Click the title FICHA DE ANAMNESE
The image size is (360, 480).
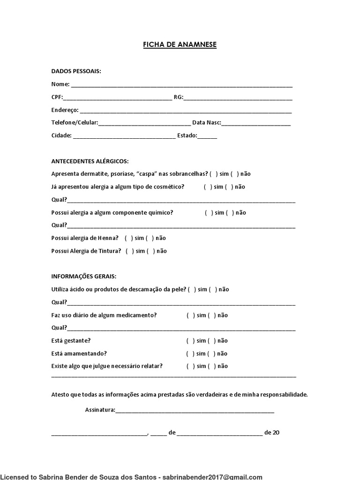(x=180, y=45)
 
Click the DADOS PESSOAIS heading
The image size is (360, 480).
(x=76, y=71)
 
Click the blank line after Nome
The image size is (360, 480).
(x=181, y=85)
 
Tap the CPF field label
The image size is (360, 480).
(x=56, y=97)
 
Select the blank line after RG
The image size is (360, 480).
(x=238, y=98)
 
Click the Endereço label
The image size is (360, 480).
(x=65, y=110)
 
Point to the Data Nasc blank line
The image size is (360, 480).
(x=256, y=124)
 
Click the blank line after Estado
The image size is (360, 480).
(x=207, y=136)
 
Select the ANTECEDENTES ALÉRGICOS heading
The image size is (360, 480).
(x=90, y=161)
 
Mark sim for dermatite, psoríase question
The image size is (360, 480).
(x=213, y=174)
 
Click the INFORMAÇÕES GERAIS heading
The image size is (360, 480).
(x=84, y=277)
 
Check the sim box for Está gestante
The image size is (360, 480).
(x=190, y=341)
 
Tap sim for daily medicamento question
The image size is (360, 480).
(x=190, y=315)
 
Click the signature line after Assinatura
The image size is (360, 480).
(x=195, y=411)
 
